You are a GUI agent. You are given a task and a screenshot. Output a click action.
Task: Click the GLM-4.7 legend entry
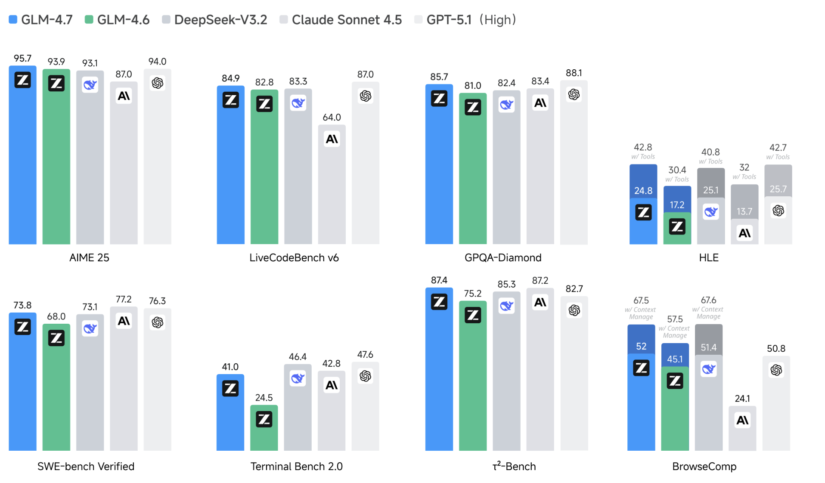(x=41, y=20)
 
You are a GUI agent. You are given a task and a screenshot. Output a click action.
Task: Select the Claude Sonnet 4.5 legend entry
(x=341, y=20)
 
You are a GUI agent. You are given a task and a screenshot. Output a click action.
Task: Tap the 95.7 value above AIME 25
(x=22, y=58)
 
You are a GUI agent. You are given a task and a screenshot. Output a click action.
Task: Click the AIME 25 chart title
(x=89, y=257)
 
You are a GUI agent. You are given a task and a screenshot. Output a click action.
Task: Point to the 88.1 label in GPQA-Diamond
(x=574, y=73)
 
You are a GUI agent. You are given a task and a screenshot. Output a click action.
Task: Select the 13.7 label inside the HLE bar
(x=744, y=211)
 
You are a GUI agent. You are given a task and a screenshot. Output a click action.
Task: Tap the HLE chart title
(x=708, y=257)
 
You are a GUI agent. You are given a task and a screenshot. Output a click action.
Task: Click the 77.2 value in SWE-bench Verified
(x=124, y=299)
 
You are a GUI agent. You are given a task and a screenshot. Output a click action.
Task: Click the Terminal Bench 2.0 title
(x=296, y=466)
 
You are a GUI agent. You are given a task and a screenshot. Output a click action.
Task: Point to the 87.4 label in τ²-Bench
(x=439, y=280)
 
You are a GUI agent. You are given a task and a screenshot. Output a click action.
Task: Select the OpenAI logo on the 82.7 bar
(x=574, y=310)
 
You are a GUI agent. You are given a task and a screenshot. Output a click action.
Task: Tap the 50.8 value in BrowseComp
(x=776, y=348)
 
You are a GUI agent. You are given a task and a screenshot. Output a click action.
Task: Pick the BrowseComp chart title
(x=704, y=466)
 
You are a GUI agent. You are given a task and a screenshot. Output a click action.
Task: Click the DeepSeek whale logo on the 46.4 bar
(x=298, y=378)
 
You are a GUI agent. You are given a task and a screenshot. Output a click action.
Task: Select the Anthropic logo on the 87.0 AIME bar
(x=124, y=96)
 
